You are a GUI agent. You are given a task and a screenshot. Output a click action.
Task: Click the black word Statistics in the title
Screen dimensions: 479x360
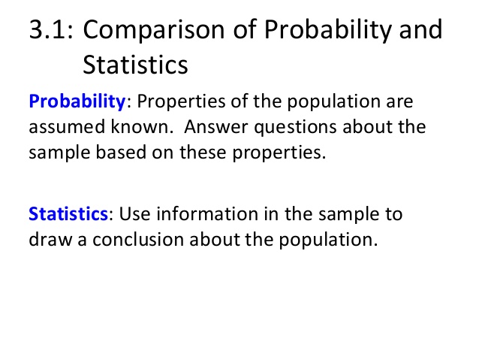pyautogui.click(x=135, y=65)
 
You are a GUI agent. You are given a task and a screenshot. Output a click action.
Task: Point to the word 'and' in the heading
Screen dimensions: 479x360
pyautogui.click(x=421, y=29)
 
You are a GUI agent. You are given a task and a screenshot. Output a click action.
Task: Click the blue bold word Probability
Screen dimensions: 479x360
pyautogui.click(x=77, y=102)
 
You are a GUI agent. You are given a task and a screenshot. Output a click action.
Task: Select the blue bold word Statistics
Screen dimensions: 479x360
pyautogui.click(x=68, y=213)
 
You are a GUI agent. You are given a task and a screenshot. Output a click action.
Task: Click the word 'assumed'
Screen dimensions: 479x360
pyautogui.click(x=67, y=126)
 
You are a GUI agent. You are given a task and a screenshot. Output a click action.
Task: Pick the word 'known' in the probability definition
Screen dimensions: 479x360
pyautogui.click(x=140, y=126)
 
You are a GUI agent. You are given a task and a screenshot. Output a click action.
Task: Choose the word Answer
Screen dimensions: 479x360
pyautogui.click(x=216, y=126)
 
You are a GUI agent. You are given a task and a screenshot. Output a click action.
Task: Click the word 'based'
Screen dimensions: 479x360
pyautogui.click(x=121, y=152)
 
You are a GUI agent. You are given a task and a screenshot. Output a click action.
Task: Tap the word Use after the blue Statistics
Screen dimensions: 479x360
pyautogui.click(x=134, y=213)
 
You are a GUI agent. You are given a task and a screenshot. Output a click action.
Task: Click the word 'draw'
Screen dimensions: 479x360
pyautogui.click(x=50, y=239)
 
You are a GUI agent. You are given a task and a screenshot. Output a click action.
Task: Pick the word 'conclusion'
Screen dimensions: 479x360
pyautogui.click(x=138, y=239)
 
